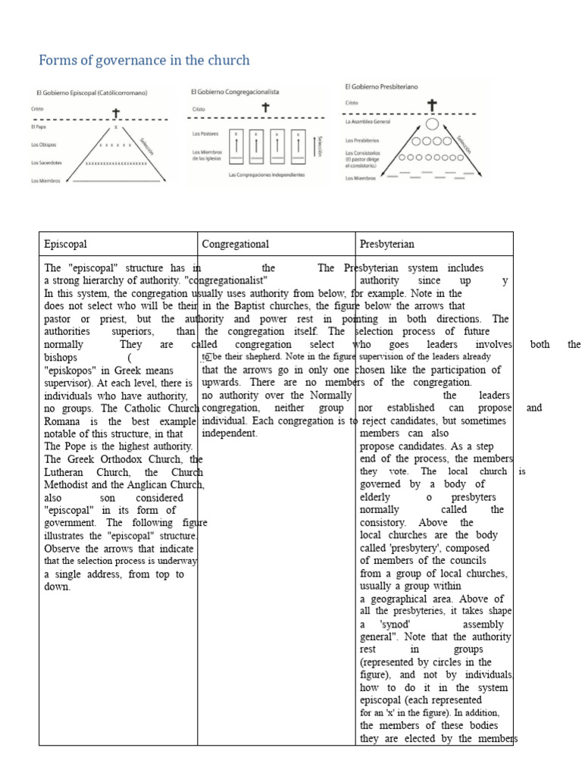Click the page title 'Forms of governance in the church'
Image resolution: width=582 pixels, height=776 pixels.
click(144, 60)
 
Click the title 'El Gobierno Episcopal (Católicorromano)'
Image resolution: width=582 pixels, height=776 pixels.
click(92, 93)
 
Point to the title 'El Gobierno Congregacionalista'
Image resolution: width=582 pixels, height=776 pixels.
click(235, 92)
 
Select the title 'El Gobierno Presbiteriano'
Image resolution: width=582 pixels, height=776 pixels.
click(381, 86)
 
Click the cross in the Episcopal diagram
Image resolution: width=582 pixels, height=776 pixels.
click(116, 114)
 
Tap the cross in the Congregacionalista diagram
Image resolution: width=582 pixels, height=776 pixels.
click(265, 108)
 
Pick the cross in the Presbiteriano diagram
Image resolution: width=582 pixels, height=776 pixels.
click(432, 105)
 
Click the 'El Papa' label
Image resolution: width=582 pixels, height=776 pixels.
click(39, 127)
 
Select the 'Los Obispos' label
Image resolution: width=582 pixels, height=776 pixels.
click(44, 145)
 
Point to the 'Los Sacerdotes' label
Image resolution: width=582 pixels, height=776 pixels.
click(47, 162)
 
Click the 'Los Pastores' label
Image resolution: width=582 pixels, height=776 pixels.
click(206, 134)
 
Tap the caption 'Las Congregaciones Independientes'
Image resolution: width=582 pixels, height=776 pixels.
click(267, 174)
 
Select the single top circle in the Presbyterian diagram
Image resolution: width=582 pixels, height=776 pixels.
click(432, 124)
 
